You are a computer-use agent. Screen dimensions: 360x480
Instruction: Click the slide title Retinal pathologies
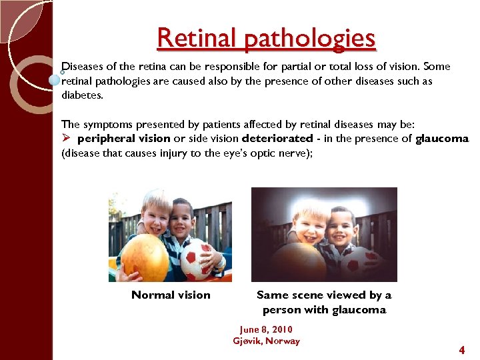[266, 39]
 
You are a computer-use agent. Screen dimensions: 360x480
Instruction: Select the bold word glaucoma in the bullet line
[442, 138]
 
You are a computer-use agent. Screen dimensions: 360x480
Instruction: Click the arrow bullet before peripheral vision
[66, 138]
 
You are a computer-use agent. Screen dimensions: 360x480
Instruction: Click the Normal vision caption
[171, 295]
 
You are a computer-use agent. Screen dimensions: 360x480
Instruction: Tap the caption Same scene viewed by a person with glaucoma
[324, 302]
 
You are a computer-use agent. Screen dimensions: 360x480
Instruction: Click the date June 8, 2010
[265, 329]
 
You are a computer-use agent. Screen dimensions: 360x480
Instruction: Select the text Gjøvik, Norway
[266, 341]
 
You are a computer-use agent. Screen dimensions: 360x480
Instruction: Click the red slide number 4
[461, 350]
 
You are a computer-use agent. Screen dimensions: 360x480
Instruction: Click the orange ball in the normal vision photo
[145, 257]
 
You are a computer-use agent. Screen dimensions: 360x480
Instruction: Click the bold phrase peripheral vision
[124, 138]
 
